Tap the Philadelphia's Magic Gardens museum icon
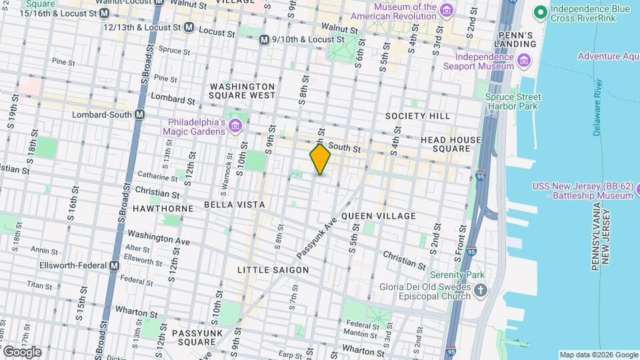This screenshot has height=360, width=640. pyautogui.click(x=235, y=126)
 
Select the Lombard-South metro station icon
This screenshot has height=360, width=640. pyautogui.click(x=139, y=115)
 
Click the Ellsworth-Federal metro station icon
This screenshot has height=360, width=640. pyautogui.click(x=114, y=265)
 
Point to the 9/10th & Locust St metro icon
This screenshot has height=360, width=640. pyautogui.click(x=265, y=39)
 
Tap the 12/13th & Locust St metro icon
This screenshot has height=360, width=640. pyautogui.click(x=189, y=27)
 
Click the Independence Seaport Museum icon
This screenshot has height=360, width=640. pyautogui.click(x=524, y=62)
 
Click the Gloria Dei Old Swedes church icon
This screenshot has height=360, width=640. pyautogui.click(x=481, y=291)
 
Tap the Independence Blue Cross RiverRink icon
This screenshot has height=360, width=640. pyautogui.click(x=540, y=11)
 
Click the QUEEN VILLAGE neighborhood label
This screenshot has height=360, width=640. pyautogui.click(x=378, y=216)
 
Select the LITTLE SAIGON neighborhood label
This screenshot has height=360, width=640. pyautogui.click(x=273, y=270)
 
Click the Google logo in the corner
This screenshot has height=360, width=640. pyautogui.click(x=22, y=352)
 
